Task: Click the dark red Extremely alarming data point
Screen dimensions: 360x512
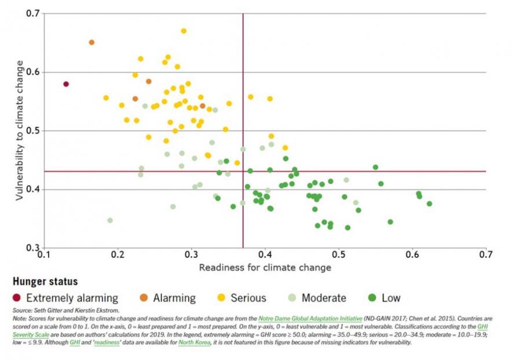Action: (x=66, y=84)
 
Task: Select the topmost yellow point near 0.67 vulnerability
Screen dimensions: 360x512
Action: (x=183, y=31)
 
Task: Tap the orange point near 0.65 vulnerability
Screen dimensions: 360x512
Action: (x=91, y=42)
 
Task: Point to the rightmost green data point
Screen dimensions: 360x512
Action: (x=429, y=204)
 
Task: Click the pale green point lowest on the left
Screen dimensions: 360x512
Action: (x=110, y=221)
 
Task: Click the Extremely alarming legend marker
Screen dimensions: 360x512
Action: (x=17, y=298)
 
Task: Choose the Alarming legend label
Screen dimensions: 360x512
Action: (x=174, y=298)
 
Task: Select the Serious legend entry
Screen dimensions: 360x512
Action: (x=248, y=298)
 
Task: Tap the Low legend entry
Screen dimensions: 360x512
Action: (x=391, y=298)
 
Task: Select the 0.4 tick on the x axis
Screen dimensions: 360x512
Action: (x=265, y=254)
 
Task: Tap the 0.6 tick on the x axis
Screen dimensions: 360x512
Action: (x=412, y=254)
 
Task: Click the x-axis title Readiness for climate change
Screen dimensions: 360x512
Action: (x=265, y=267)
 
